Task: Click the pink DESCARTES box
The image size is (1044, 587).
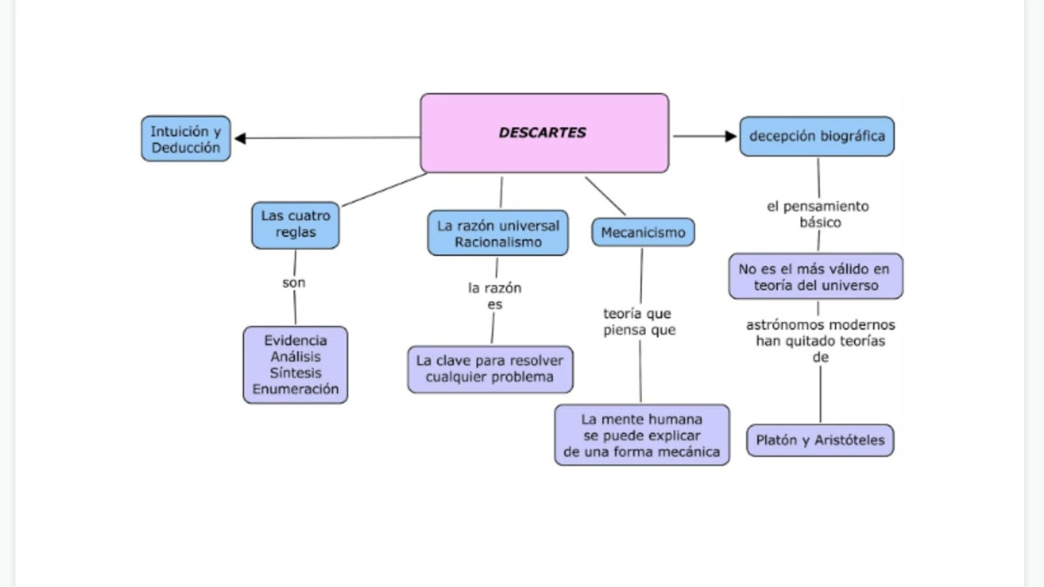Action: [544, 133]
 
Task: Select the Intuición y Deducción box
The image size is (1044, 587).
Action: [186, 139]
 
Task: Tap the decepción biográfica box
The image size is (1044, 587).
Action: [816, 136]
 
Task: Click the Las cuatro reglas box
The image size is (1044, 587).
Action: [295, 224]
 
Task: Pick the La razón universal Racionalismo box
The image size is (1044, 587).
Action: [498, 233]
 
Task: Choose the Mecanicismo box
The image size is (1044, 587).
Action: [643, 232]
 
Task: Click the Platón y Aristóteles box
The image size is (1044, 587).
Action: [820, 440]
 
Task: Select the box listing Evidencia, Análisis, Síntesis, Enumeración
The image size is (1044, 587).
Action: [295, 364]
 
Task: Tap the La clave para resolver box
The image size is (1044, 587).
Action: [490, 369]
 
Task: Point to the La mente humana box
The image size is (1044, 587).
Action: [642, 435]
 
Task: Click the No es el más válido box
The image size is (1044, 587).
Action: [816, 276]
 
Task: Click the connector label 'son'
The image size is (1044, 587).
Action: [294, 283]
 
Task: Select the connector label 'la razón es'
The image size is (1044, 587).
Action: [494, 296]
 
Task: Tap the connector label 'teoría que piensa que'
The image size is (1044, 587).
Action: [639, 321]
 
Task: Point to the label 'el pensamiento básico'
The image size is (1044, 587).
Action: [817, 214]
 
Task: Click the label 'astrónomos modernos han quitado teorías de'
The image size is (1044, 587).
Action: [820, 340]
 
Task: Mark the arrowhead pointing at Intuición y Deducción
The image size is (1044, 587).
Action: [241, 139]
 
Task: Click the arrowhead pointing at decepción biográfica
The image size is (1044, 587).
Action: [730, 136]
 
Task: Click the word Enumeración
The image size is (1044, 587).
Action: [295, 389]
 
